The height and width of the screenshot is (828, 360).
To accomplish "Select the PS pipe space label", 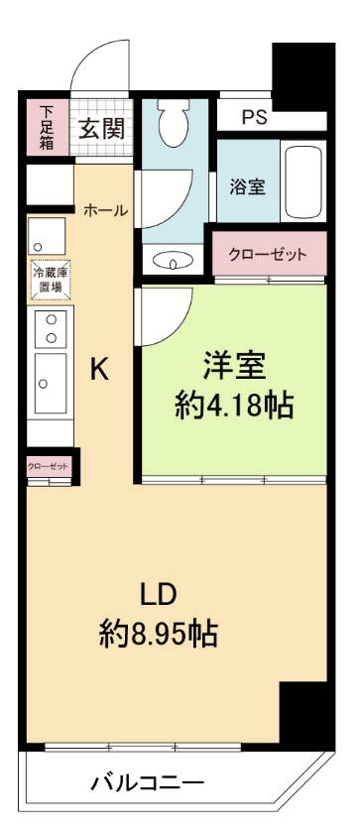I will click(255, 117).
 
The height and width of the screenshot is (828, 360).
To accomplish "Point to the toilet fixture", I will click(175, 125).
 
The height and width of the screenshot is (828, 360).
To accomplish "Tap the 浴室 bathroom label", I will click(247, 185).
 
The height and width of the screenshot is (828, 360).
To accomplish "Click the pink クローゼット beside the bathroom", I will click(267, 254).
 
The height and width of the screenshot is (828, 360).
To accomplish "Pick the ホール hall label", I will click(105, 210).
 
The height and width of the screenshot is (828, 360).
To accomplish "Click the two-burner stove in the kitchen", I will click(50, 328).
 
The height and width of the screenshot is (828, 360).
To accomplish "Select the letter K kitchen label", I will click(100, 369).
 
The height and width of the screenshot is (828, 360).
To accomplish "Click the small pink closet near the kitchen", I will click(48, 465).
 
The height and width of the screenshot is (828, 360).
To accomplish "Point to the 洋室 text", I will click(234, 366).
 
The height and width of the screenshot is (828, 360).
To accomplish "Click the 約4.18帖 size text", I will click(234, 406).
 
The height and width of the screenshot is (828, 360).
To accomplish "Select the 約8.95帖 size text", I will click(159, 633).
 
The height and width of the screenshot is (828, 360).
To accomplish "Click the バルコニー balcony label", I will click(148, 782).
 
